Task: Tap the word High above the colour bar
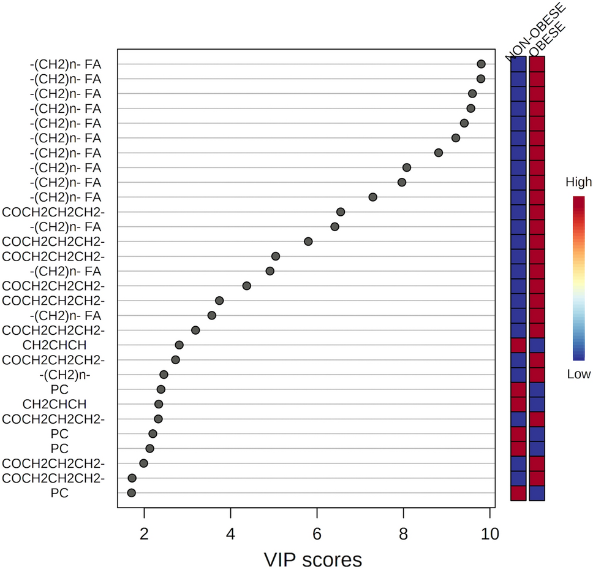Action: [x=578, y=182]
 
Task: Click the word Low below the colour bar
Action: [x=578, y=374]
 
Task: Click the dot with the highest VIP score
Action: [x=481, y=64]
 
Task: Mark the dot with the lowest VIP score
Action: [x=131, y=493]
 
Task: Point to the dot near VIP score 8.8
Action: [x=438, y=153]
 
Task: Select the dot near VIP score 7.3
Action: [x=372, y=197]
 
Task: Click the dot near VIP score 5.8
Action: [x=308, y=242]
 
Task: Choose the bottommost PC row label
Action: [x=59, y=493]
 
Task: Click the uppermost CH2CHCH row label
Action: [x=59, y=345]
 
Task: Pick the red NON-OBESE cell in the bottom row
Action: [x=518, y=493]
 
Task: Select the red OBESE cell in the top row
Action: [x=537, y=64]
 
